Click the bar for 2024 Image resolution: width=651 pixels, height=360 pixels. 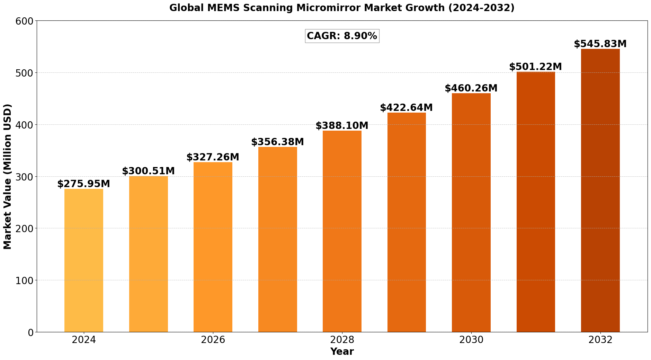point(84,260)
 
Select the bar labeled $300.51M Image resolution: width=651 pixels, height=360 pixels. point(149,254)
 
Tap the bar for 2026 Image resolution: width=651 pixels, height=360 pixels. point(213,247)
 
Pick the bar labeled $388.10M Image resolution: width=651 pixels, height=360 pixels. point(342,231)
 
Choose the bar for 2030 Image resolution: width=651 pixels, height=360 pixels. point(471,212)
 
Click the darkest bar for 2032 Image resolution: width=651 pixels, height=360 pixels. point(600,190)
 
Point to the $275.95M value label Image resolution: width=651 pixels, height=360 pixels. point(84,184)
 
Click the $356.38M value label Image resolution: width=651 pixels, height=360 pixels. point(278,142)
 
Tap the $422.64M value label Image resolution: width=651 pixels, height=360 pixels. point(407,108)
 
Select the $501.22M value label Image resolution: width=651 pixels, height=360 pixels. point(536,67)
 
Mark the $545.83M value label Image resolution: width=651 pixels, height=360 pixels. point(600,44)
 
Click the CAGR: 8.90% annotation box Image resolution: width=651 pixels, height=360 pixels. point(342,36)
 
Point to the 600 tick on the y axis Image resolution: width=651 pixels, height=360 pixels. point(25,21)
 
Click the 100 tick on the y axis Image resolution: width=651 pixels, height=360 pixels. point(25,280)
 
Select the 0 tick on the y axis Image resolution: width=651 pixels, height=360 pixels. point(31,332)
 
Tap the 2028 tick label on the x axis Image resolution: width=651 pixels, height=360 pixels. point(342,340)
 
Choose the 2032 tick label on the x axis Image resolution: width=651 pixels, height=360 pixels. point(600,340)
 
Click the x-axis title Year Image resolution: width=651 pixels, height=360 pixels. point(342,352)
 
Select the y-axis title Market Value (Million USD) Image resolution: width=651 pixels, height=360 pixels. point(8,176)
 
